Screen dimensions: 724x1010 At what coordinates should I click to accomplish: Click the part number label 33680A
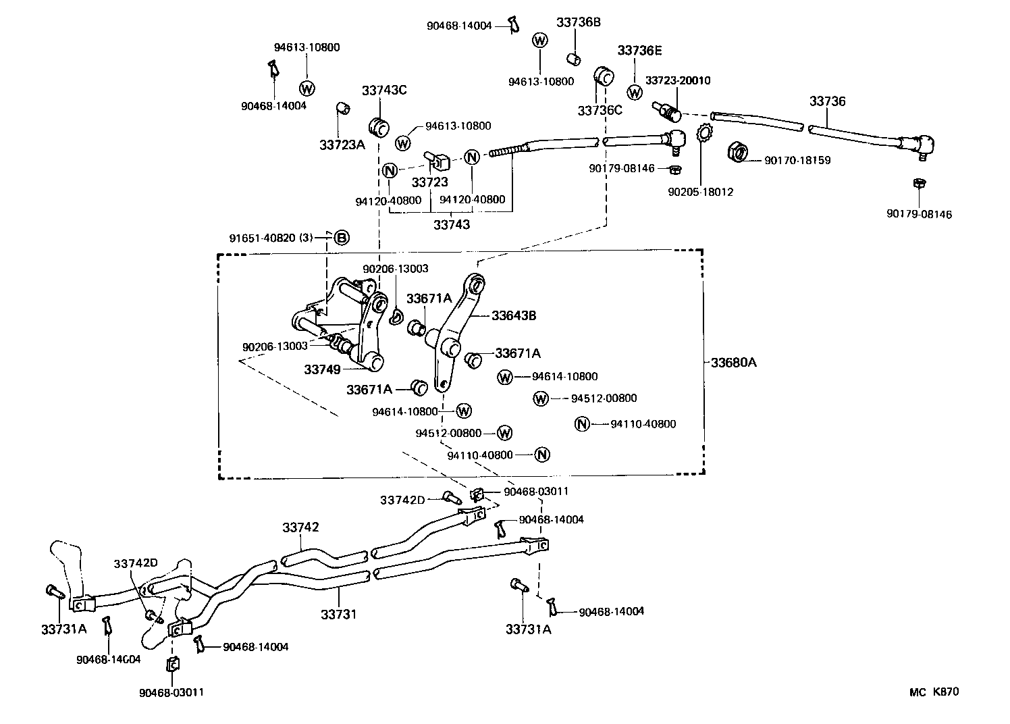click(733, 363)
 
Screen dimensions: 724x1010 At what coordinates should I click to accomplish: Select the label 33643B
click(514, 315)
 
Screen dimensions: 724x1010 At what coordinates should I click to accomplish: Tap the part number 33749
click(321, 369)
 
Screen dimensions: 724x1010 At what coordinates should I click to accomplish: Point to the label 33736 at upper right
click(827, 101)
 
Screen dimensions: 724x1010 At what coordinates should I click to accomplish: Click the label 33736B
click(578, 22)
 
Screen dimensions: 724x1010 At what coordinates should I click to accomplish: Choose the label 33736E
click(639, 51)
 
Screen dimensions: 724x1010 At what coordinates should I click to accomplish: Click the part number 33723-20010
click(677, 80)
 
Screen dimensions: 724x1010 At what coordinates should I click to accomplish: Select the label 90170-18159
click(797, 161)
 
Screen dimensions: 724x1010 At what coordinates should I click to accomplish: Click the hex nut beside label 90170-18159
click(739, 153)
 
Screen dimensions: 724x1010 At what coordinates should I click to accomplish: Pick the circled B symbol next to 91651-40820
click(342, 238)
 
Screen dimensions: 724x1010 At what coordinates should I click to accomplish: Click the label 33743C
click(383, 90)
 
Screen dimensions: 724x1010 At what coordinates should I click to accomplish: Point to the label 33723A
click(342, 145)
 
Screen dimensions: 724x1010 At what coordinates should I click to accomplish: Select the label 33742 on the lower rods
click(300, 527)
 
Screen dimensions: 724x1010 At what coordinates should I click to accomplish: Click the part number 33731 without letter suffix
click(338, 615)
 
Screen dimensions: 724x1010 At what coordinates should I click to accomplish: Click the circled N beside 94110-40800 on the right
click(582, 424)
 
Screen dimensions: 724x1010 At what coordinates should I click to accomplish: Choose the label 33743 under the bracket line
click(451, 225)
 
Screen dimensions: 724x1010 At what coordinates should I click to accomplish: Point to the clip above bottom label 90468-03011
click(171, 665)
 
